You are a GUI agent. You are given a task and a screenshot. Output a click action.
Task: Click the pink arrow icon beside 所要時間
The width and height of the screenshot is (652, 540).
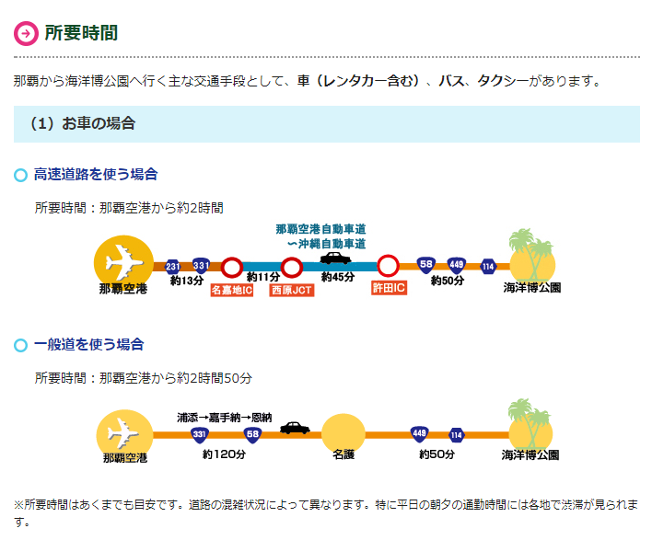(26, 33)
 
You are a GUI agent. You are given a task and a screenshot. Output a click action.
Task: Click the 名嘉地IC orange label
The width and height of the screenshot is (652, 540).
(232, 290)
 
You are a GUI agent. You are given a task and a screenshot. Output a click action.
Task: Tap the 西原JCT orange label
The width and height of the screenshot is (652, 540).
(292, 290)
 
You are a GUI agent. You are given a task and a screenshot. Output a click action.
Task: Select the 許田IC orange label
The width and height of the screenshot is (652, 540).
(389, 288)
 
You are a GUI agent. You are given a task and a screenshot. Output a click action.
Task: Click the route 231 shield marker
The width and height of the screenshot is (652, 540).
(172, 266)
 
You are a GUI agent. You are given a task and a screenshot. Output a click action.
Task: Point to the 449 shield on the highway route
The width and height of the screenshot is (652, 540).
(456, 265)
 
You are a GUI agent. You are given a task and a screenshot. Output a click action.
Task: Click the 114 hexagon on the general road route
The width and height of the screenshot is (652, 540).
(456, 435)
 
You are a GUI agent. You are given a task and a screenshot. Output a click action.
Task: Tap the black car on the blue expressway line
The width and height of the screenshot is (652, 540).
(335, 259)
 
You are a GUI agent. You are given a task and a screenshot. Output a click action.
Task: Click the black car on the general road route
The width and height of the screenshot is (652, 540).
(295, 428)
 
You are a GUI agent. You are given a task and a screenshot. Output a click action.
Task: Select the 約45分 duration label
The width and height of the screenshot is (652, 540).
(338, 277)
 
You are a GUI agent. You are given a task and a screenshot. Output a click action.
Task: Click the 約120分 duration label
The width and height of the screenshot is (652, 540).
(224, 454)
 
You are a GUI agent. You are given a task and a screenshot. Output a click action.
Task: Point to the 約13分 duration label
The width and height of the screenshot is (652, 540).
(187, 281)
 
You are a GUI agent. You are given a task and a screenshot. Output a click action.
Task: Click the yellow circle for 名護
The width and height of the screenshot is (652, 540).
(343, 434)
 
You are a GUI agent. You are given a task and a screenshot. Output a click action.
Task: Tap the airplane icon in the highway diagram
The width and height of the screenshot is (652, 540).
(124, 262)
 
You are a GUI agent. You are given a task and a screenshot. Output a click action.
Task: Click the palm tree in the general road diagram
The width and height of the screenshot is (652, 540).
(528, 420)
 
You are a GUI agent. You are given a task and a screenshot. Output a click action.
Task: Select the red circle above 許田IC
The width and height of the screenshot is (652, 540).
(389, 266)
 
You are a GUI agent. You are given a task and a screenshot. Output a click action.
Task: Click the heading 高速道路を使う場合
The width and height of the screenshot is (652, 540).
(96, 175)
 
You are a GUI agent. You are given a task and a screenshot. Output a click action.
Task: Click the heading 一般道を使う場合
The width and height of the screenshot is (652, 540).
(89, 345)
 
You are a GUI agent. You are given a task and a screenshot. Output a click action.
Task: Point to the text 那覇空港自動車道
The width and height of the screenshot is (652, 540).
(320, 229)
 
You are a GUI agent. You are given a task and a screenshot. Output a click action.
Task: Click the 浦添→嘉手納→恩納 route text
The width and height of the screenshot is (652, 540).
(225, 418)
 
